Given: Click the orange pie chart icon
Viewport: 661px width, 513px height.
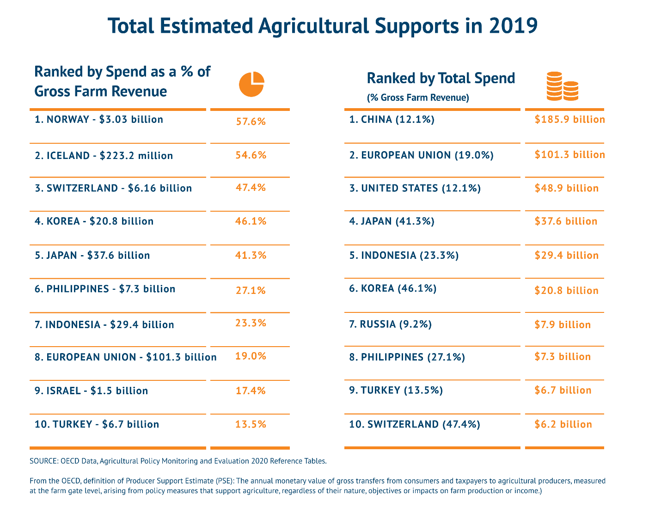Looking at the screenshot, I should pyautogui.click(x=251, y=85).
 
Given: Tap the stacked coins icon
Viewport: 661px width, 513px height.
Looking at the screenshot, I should pyautogui.click(x=562, y=86).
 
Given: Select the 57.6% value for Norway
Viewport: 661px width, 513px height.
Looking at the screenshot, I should pyautogui.click(x=251, y=122).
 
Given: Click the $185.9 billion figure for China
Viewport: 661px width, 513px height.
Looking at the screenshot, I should pyautogui.click(x=569, y=120).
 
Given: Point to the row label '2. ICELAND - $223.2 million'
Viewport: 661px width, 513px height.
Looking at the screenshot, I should pyautogui.click(x=104, y=156).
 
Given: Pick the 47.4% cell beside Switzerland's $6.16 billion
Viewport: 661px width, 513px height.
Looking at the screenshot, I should pyautogui.click(x=251, y=188).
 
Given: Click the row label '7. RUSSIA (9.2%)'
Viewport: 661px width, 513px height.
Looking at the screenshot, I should pyautogui.click(x=390, y=324).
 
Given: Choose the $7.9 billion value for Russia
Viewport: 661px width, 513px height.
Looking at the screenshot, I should pyautogui.click(x=563, y=325).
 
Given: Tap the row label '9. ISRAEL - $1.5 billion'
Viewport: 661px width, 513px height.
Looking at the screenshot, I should pyautogui.click(x=91, y=391).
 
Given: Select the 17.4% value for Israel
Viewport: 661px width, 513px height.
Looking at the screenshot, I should pyautogui.click(x=251, y=391).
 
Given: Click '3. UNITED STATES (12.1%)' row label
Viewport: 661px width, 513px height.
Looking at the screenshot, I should pyautogui.click(x=415, y=188).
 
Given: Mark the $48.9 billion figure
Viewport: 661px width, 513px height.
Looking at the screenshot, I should pyautogui.click(x=566, y=188).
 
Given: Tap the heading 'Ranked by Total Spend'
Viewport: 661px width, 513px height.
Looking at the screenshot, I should pyautogui.click(x=441, y=79).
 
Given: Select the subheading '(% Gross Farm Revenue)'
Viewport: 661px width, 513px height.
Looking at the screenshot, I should pyautogui.click(x=418, y=98).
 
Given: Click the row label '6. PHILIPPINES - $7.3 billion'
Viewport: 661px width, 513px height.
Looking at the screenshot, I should pyautogui.click(x=105, y=289).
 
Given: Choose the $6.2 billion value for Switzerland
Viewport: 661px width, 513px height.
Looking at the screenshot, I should pyautogui.click(x=563, y=424).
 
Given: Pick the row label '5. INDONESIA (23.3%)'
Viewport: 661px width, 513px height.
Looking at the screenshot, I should pyautogui.click(x=404, y=256).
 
